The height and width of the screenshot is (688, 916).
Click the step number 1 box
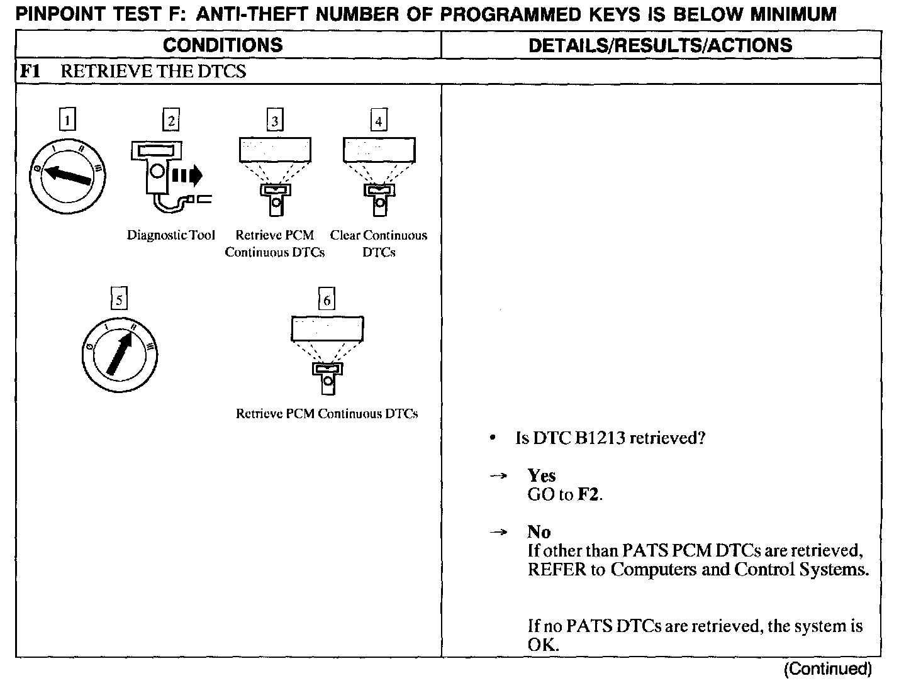[x=67, y=119]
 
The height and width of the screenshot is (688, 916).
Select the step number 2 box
[x=170, y=119]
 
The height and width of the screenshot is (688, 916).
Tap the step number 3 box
[x=274, y=119]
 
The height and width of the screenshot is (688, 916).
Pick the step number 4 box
[x=378, y=119]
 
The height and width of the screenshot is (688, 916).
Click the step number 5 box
[x=118, y=299]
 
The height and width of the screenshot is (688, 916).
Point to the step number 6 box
[x=327, y=299]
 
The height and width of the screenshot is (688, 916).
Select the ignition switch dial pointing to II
[x=120, y=356]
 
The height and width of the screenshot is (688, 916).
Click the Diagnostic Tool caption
[x=171, y=235]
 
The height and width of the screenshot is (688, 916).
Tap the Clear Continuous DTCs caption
[x=379, y=243]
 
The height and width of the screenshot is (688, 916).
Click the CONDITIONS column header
[x=223, y=45]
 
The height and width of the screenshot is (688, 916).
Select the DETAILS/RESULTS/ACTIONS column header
[x=661, y=45]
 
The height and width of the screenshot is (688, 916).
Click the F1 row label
[x=30, y=71]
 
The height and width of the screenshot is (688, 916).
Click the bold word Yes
[x=542, y=475]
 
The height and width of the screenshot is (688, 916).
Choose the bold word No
[x=539, y=532]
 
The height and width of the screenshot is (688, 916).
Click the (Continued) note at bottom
[x=828, y=669]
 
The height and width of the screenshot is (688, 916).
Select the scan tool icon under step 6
[x=327, y=377]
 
